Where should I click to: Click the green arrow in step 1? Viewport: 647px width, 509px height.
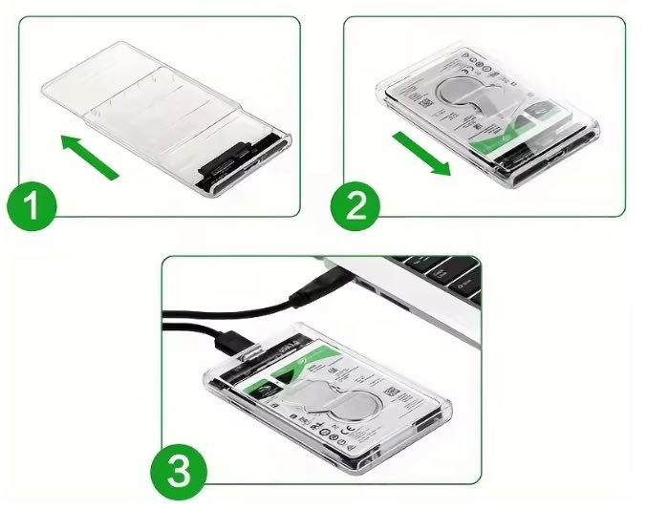coord(90,157)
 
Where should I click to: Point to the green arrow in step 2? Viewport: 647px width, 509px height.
coord(421,154)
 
